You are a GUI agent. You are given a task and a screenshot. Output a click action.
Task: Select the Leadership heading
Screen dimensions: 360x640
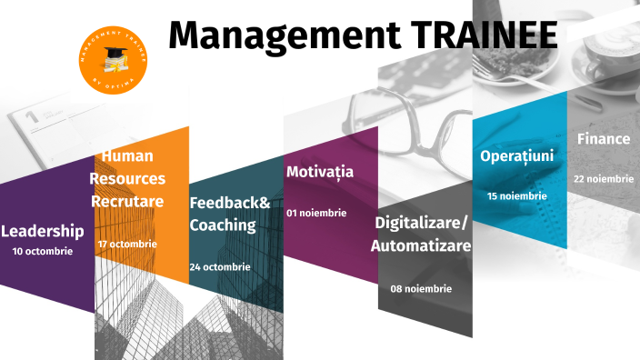coord(43,231)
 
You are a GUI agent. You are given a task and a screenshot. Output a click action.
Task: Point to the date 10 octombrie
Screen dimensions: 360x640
coord(43,251)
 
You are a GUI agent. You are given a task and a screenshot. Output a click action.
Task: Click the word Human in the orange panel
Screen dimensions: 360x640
coord(127,156)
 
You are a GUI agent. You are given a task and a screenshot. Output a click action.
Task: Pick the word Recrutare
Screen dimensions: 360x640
coord(126,200)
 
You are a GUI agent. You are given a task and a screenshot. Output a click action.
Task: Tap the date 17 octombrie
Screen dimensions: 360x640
coord(127,244)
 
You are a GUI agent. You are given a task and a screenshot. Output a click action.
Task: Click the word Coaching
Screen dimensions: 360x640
coord(223,225)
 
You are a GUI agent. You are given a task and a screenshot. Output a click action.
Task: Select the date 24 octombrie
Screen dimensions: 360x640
coord(220,266)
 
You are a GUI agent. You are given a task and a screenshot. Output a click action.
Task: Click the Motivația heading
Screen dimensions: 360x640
coord(320,172)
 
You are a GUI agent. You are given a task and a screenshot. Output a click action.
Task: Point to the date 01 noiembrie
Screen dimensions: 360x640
coord(316,213)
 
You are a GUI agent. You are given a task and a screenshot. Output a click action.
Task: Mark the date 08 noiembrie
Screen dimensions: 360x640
coord(421,288)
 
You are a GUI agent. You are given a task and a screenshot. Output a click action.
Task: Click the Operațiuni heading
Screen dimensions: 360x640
coord(517,155)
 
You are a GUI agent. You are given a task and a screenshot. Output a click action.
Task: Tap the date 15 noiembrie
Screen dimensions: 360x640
coord(517,195)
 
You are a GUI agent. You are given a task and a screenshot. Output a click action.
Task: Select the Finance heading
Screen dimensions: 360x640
coord(604,139)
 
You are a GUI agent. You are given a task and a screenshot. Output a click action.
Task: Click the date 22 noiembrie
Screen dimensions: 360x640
coord(604,179)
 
